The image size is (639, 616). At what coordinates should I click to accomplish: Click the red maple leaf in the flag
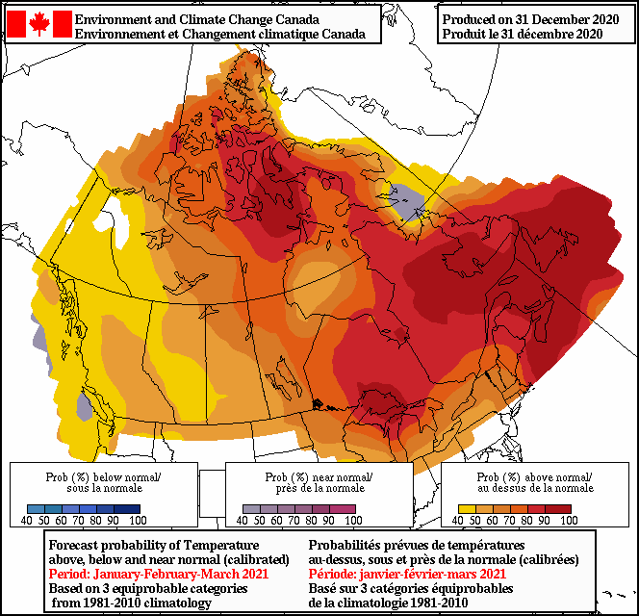pos(39,25)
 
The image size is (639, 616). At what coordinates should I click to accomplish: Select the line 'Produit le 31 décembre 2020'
pos(523,34)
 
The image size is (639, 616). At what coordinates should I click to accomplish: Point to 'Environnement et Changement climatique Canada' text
pos(219,34)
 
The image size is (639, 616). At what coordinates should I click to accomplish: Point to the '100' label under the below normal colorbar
pos(137,521)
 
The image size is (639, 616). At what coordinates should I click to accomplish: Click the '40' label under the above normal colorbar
pos(458,521)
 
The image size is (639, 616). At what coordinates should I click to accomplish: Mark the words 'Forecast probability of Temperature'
pos(154,545)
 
